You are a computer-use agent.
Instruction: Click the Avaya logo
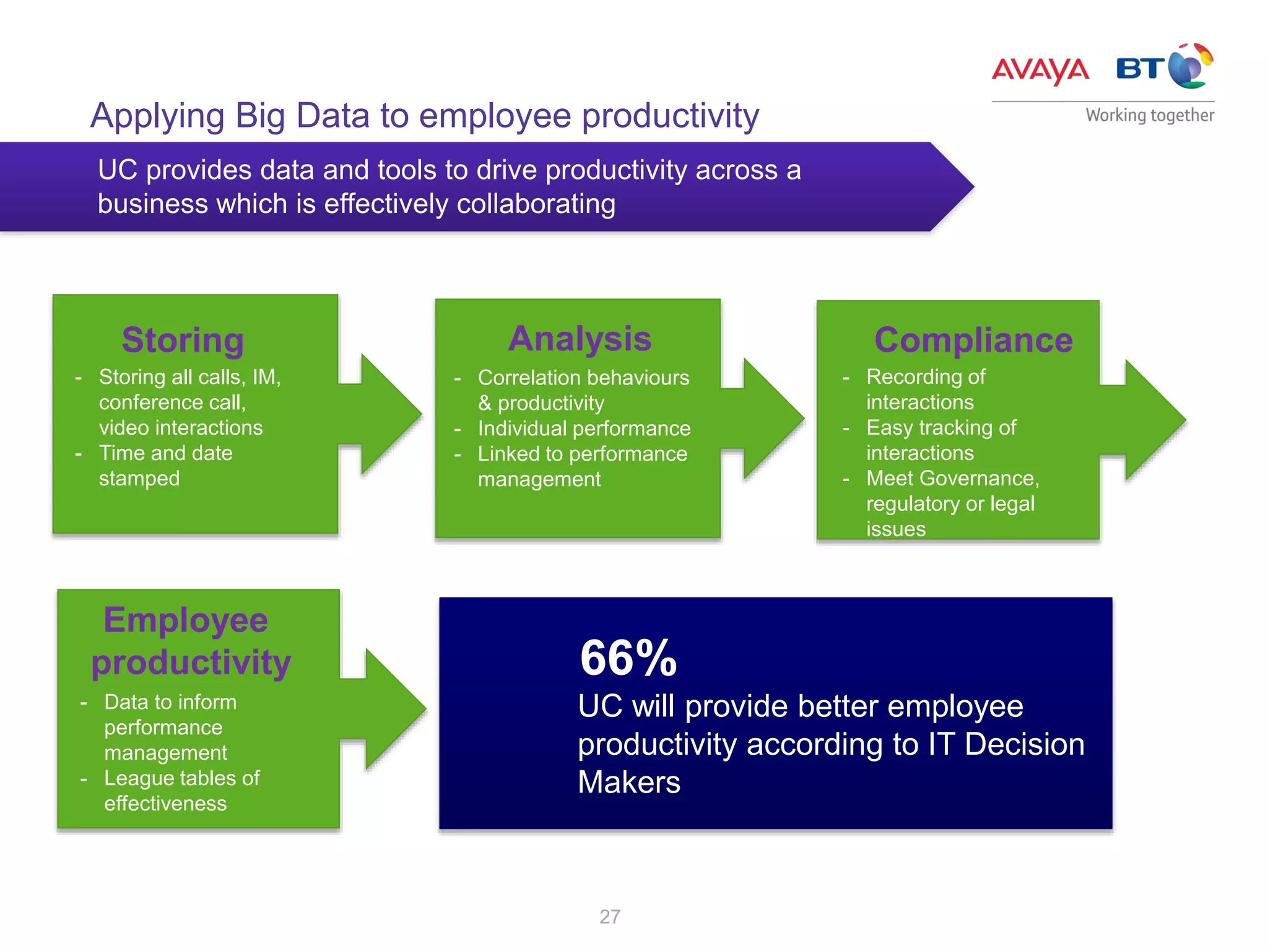pyautogui.click(x=1040, y=70)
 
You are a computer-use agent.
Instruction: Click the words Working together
pyautogui.click(x=1149, y=115)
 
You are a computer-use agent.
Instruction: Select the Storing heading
pyautogui.click(x=183, y=340)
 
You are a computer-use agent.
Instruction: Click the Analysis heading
pyautogui.click(x=580, y=339)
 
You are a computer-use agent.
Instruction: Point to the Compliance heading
pyautogui.click(x=973, y=340)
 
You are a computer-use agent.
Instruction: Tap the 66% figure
pyautogui.click(x=628, y=658)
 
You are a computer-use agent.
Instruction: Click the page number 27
pyautogui.click(x=609, y=916)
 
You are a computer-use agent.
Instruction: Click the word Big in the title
pyautogui.click(x=260, y=116)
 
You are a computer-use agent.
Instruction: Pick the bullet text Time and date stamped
pyautogui.click(x=165, y=466)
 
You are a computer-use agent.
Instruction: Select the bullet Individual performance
pyautogui.click(x=583, y=428)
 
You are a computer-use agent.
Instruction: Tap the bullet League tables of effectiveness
pyautogui.click(x=181, y=791)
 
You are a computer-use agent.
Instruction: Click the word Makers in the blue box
pyautogui.click(x=628, y=782)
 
